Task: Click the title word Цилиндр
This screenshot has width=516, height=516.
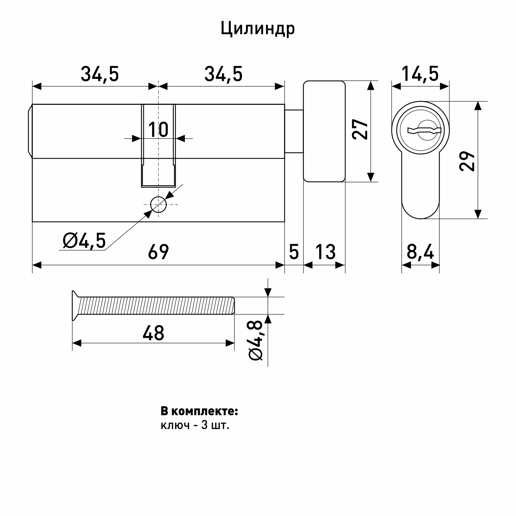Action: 258,29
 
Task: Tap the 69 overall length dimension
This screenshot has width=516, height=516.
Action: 158,252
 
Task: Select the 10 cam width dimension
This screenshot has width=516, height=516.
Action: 158,129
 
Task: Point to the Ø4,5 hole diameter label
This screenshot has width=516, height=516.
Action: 84,241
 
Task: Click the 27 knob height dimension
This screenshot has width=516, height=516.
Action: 360,129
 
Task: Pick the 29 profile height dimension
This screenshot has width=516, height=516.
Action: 467,161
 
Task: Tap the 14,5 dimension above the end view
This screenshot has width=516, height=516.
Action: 420,74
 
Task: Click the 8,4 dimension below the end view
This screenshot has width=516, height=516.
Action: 420,252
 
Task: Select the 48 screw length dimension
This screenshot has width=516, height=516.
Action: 153,333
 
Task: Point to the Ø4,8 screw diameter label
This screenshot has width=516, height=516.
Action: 256,340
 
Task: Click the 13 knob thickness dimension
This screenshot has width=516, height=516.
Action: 325,252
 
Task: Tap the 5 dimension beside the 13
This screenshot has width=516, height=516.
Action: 294,252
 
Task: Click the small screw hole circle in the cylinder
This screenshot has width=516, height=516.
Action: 158,205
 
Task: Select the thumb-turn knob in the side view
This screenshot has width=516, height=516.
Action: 324,131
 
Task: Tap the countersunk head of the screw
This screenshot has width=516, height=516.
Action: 76,306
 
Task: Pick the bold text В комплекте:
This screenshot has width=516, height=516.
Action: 199,411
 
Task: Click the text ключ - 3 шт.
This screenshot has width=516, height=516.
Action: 195,425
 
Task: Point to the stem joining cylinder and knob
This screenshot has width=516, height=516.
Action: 294,131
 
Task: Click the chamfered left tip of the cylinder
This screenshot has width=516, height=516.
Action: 30,131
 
